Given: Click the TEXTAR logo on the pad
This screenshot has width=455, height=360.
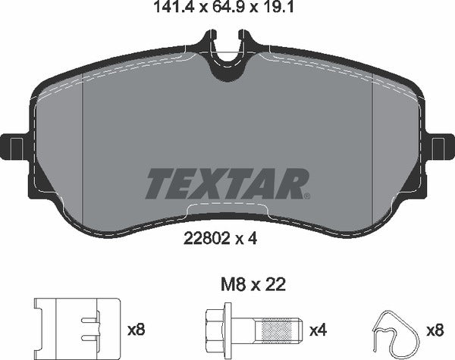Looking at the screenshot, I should tap(227, 183).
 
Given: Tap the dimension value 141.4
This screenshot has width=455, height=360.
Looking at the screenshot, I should tap(158, 10).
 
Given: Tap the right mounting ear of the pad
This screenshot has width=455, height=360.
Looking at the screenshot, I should tap(439, 146).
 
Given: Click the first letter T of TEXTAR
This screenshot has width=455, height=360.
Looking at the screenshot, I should tap(158, 183).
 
